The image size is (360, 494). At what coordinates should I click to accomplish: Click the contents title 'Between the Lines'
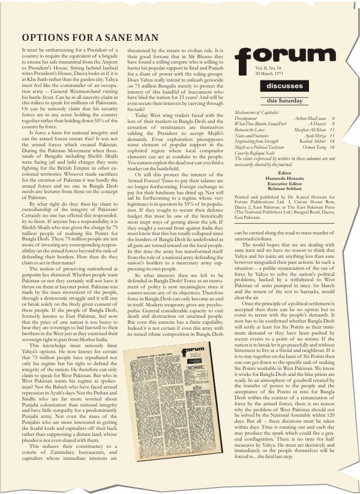point(252,130)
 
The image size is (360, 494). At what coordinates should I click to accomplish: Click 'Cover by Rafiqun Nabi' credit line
point(256,153)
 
